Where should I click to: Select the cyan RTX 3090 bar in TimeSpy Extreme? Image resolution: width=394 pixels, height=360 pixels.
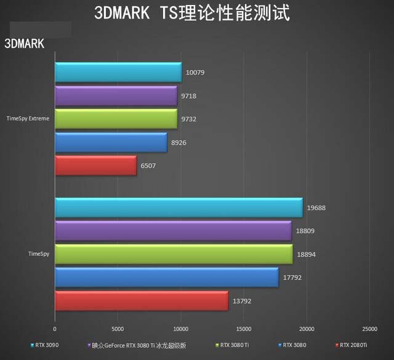point(118,73)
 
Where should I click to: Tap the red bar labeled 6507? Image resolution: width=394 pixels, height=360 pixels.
point(95,166)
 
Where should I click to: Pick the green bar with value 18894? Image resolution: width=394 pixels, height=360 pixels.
point(174,254)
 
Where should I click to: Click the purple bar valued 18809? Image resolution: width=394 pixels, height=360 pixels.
point(173,231)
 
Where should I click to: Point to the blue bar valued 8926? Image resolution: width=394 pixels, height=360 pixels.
point(111,142)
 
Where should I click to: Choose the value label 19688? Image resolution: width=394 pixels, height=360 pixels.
point(318,207)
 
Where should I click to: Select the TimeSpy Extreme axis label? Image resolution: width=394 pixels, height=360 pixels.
point(28,118)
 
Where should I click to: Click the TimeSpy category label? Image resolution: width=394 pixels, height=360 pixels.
point(39,254)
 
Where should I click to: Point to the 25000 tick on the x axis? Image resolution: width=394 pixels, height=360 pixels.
point(369,329)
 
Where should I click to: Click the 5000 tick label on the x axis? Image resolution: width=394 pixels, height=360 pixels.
point(118,329)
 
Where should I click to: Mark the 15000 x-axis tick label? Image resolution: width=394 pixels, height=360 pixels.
point(244,329)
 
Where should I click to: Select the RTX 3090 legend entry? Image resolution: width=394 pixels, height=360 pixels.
point(47,345)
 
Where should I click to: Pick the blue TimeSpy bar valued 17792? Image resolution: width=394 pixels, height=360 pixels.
point(167,278)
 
